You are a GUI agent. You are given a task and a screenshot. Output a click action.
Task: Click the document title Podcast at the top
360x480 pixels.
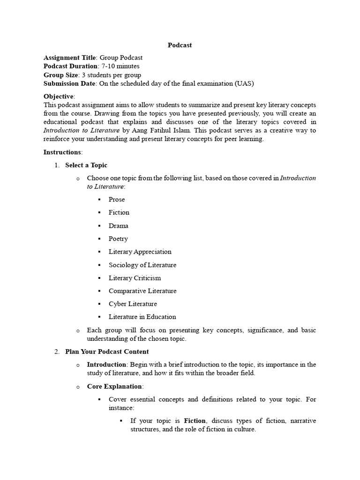(x=180, y=45)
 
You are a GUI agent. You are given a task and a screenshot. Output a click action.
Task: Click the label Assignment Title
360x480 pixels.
(x=69, y=58)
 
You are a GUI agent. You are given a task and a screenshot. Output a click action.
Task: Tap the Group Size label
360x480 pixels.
(x=60, y=75)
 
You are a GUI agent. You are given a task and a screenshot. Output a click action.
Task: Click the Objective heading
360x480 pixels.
(x=59, y=96)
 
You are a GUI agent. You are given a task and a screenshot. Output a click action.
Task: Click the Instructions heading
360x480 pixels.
(x=62, y=152)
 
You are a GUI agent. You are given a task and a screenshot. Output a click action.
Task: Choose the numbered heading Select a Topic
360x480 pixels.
(x=86, y=165)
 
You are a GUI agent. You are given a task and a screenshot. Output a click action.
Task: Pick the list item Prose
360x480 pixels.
(x=117, y=199)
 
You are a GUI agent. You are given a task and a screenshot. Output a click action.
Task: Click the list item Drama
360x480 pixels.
(x=118, y=225)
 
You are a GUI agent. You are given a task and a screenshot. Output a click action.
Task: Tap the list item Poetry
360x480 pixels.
(x=118, y=239)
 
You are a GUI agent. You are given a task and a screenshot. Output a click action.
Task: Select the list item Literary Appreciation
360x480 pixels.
(x=140, y=252)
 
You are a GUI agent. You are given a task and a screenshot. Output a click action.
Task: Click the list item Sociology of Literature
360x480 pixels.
(x=142, y=265)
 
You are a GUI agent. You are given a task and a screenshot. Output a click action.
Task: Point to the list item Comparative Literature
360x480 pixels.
(x=142, y=291)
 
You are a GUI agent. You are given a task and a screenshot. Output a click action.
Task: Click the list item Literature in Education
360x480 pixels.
(x=142, y=317)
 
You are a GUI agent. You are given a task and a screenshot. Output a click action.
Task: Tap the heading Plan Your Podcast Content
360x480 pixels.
(x=107, y=352)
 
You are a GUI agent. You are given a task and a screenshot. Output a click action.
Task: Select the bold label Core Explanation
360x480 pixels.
(x=114, y=386)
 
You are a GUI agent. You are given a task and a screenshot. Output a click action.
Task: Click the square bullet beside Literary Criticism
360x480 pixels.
(x=100, y=278)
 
